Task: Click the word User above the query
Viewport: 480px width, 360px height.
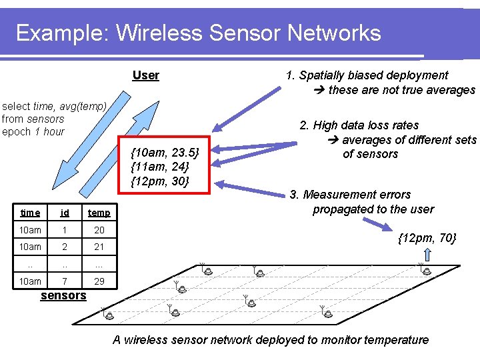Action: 145,75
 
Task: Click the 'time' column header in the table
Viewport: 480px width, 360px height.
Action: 30,213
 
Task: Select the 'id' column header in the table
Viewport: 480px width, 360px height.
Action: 65,213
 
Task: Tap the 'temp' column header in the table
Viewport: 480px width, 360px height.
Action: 99,213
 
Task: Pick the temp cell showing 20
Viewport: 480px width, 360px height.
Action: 99,230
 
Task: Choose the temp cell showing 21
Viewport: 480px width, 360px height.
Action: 99,247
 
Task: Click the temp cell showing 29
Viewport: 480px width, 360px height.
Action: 99,281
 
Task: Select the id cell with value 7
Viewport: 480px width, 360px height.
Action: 65,281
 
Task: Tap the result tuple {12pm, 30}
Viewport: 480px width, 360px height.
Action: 160,181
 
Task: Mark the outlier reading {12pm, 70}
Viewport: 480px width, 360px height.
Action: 427,237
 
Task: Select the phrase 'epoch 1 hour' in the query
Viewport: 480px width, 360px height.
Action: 33,131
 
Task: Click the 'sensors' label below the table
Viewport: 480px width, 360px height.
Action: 63,295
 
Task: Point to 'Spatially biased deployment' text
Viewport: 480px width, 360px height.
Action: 373,75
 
